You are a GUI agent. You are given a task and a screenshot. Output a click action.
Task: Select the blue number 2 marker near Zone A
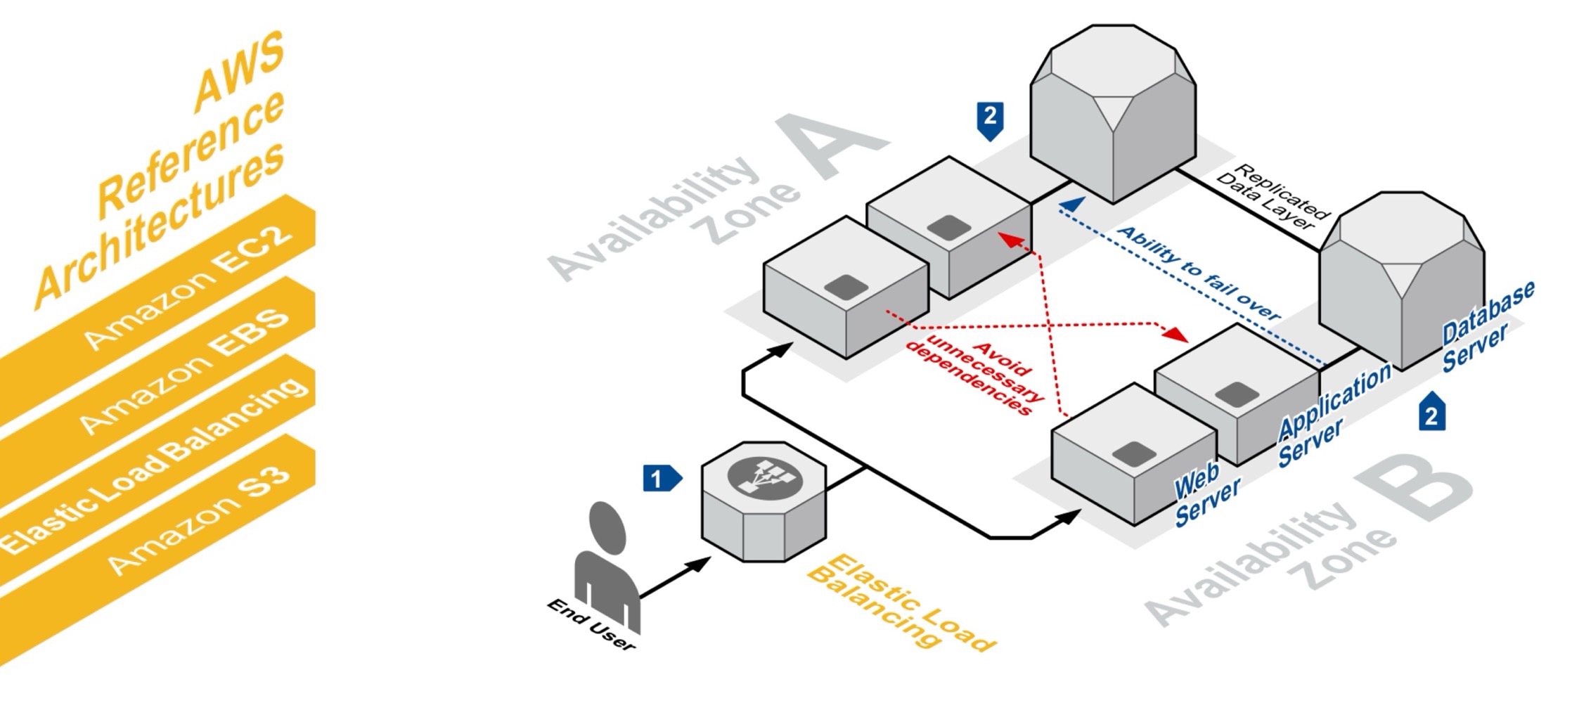990,118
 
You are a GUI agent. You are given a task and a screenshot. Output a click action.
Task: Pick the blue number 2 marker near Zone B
1431,413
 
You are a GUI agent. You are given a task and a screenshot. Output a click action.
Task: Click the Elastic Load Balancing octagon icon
764,501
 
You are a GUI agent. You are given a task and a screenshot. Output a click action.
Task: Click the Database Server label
1487,327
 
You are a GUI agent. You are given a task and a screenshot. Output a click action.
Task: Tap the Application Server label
1332,415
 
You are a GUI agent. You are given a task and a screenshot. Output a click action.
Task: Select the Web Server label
1206,496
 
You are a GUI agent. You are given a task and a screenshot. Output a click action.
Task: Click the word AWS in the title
239,70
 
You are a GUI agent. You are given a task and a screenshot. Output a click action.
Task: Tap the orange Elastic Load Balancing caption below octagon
900,605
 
